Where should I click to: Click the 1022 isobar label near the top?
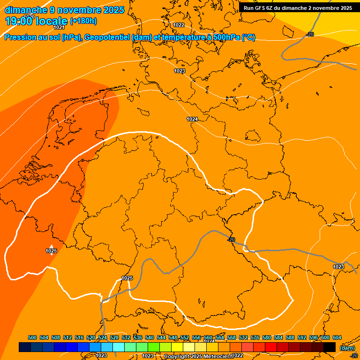179,25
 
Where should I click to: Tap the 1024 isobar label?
192,119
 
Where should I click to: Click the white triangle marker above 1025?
51,247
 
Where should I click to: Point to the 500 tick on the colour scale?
32,337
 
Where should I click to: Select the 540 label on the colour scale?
150,337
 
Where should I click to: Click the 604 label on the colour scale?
337,337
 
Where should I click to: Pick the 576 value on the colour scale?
255,337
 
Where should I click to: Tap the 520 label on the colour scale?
91,337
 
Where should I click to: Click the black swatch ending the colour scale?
330,347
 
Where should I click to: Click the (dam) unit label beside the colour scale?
347,348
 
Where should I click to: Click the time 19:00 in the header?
18,21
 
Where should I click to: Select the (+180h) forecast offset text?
83,21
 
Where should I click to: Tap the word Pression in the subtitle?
20,37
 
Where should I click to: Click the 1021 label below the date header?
59,28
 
